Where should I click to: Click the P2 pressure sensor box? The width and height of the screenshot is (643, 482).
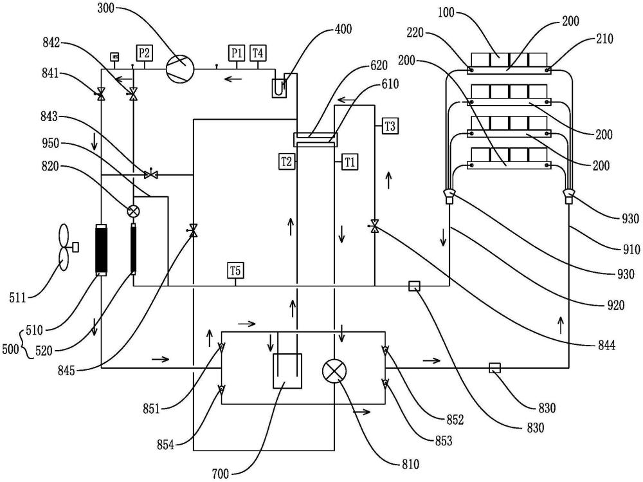coord(144,53)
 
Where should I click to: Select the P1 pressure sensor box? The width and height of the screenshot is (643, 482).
coord(236,53)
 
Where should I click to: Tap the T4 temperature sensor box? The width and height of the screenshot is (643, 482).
coord(258,53)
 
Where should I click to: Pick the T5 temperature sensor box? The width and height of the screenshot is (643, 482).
coord(235,270)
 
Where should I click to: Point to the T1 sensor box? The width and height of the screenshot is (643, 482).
coord(349,162)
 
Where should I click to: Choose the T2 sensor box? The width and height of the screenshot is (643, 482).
coord(286,162)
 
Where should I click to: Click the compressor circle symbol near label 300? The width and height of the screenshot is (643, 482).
coord(179,67)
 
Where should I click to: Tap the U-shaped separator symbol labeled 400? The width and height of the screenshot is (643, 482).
coord(279,88)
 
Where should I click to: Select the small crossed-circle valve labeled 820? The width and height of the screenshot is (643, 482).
coord(133,212)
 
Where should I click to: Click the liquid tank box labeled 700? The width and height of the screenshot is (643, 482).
coord(287,371)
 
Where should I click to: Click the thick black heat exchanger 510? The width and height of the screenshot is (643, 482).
coord(102,249)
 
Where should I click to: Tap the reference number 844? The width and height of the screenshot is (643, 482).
coord(605,346)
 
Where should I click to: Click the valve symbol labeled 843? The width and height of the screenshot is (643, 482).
coord(151,175)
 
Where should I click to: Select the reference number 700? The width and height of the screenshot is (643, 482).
coord(221,474)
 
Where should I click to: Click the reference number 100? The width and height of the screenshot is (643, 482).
coord(446,13)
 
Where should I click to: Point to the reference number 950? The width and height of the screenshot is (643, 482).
coord(50,144)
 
